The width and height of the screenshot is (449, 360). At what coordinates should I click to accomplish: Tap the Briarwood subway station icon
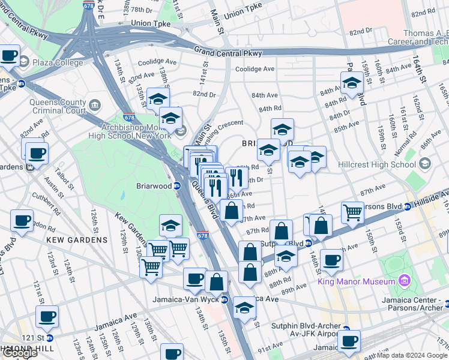pos(178,186)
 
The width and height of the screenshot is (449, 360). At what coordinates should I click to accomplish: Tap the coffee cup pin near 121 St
pos(47,316)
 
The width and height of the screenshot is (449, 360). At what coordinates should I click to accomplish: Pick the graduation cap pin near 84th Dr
pos(352,83)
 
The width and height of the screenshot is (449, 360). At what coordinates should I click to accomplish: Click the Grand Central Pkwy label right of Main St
pos(228,52)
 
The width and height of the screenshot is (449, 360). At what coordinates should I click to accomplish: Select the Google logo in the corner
pos(19,353)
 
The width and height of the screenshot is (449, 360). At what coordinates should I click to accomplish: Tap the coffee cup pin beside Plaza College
pos(9,56)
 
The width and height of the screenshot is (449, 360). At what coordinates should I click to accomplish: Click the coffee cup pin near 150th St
pos(331,260)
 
